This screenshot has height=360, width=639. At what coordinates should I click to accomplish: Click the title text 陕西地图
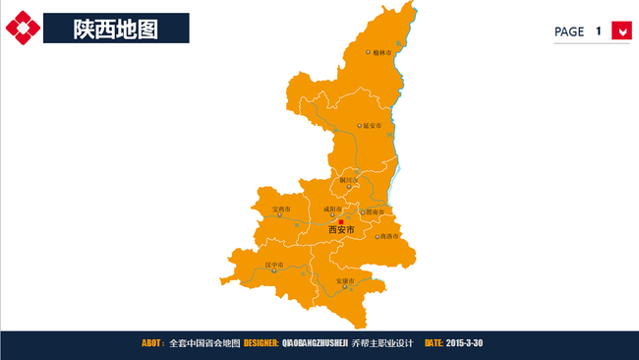pos(115,30)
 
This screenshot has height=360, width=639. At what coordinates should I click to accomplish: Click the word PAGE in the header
pos(569,31)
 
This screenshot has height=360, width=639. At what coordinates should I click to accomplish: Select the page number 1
pos(598,31)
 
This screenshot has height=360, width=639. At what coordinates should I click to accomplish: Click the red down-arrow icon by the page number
pos(620,30)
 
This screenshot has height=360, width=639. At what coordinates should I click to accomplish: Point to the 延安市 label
pos(372,126)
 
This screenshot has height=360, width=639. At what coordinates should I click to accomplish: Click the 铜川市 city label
pos(350,181)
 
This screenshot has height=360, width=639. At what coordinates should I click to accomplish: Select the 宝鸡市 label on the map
pos(283,210)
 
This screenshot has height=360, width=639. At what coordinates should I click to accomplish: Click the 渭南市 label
pos(372,211)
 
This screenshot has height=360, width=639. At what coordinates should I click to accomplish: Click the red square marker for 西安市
pos(341,222)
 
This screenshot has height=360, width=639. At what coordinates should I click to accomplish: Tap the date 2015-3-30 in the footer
pos(464,343)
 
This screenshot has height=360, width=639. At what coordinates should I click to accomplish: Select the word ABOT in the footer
pos(152,343)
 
